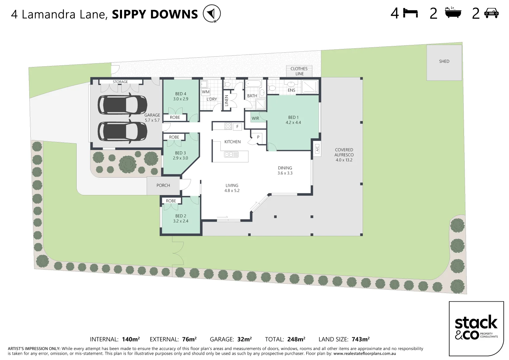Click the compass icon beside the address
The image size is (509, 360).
click(x=212, y=14)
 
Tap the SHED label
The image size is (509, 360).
click(x=444, y=61)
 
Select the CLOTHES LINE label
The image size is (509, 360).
click(x=299, y=71)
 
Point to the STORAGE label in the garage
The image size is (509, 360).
click(x=120, y=82)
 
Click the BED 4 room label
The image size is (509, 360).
click(x=181, y=94)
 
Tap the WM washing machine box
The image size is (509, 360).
click(x=206, y=92)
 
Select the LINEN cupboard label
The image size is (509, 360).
click(x=227, y=101)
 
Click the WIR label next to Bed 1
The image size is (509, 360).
click(x=255, y=118)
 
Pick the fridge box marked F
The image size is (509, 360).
click(x=237, y=126)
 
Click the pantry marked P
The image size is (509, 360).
click(x=258, y=137)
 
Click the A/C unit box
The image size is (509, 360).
click(x=317, y=148)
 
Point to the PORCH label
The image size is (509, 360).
click(x=163, y=185)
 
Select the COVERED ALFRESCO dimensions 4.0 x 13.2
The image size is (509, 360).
click(x=344, y=160)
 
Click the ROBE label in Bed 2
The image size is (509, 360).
click(x=171, y=201)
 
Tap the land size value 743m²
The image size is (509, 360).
click(x=360, y=339)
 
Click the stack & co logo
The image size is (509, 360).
click(x=476, y=329)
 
